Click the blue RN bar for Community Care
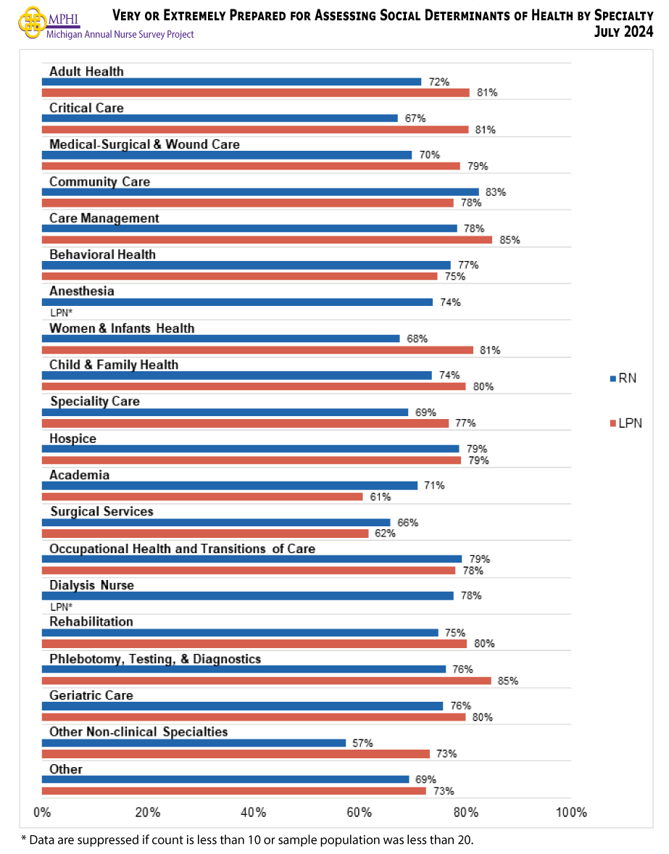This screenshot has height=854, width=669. [259, 192]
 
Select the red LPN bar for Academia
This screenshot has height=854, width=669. [201, 497]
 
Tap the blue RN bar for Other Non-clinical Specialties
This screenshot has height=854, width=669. [194, 743]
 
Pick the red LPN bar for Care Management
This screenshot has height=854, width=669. [266, 240]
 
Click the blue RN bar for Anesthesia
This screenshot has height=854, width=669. [237, 302]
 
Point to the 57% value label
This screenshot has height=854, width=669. [362, 743]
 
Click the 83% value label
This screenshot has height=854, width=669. [496, 192]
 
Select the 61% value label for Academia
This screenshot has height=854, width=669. [381, 497]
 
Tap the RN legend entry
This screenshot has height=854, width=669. [623, 378]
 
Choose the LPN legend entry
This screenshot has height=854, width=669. [626, 423]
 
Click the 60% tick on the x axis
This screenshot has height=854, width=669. [360, 812]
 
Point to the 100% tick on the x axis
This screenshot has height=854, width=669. [570, 812]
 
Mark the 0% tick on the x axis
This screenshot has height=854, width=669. [42, 812]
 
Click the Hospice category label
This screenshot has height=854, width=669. [72, 439]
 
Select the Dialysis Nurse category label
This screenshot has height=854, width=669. [91, 585]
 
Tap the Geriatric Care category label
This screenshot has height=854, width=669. [91, 695]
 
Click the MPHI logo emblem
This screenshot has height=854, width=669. [30, 22]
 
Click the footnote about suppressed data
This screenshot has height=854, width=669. [246, 840]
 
